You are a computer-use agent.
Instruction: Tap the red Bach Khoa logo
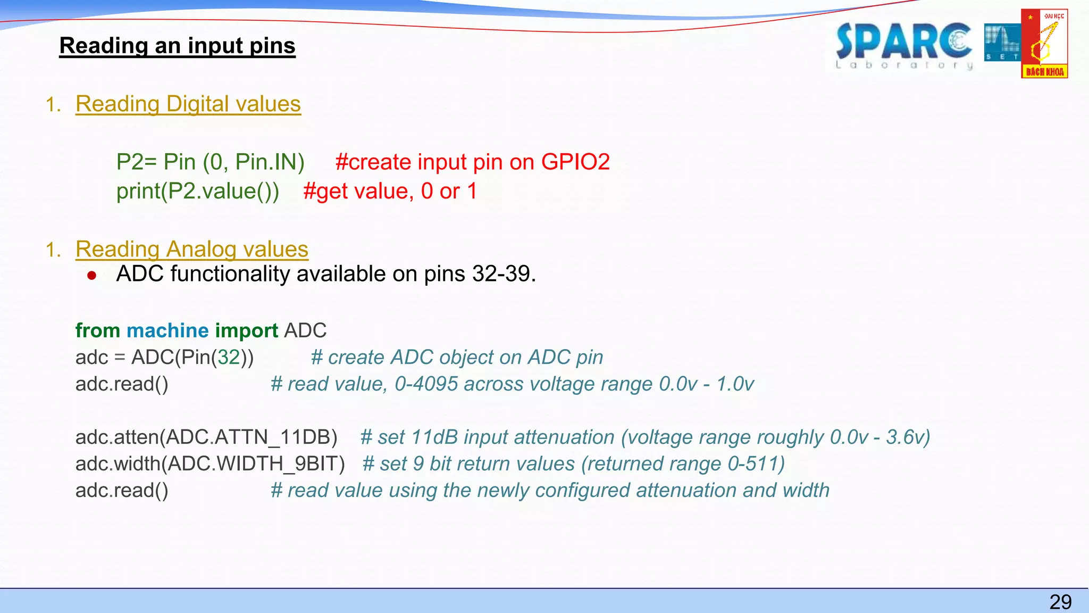point(1044,44)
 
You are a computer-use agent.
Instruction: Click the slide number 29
point(1060,602)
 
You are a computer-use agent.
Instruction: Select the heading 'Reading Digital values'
point(188,104)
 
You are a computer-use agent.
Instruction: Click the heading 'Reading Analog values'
point(192,249)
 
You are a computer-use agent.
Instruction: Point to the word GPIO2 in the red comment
point(575,162)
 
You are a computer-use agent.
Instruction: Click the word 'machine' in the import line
point(167,330)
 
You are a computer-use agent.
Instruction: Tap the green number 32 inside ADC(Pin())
point(229,357)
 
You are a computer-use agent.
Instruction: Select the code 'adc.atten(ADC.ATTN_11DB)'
point(206,437)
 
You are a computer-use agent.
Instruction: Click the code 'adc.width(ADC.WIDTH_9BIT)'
point(210,463)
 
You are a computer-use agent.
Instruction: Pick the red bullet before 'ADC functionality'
point(92,275)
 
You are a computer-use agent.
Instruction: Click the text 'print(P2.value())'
point(198,191)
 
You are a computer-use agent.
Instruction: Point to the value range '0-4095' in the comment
point(426,384)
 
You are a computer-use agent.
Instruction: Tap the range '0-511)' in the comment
point(756,463)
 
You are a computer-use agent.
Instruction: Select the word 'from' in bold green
point(98,330)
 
